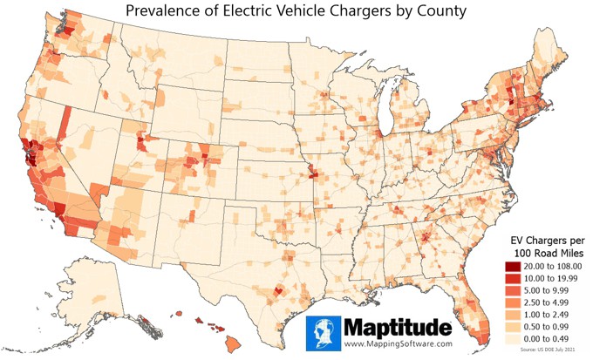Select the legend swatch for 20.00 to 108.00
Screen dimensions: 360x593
point(512,266)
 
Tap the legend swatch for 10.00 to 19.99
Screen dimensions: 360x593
point(512,279)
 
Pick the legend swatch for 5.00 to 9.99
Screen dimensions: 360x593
point(512,292)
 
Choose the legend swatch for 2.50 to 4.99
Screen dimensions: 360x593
point(512,305)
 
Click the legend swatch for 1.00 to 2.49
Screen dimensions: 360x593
point(512,318)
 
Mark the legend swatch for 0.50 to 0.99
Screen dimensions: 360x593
point(512,331)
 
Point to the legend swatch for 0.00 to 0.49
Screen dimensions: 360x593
point(512,344)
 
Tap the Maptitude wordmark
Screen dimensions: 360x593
point(398,329)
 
